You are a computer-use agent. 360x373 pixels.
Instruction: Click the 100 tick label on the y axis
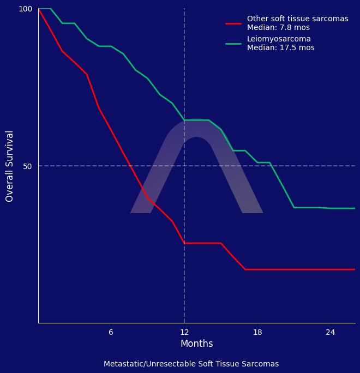tap(26, 9)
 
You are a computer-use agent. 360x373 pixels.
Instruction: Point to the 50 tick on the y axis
tap(27, 166)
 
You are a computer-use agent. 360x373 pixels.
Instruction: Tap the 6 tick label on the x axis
tap(111, 332)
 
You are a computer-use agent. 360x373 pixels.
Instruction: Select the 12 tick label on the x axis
tap(184, 332)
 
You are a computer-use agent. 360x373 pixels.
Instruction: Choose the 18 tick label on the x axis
tap(257, 332)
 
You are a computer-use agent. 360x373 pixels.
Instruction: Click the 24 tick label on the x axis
tap(331, 332)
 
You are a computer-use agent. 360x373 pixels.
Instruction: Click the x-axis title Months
tap(196, 344)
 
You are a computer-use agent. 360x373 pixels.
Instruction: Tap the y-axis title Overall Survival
tap(10, 166)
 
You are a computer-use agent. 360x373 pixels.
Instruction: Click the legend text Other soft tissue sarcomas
tap(297, 19)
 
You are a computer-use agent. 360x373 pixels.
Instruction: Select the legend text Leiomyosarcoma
tap(279, 39)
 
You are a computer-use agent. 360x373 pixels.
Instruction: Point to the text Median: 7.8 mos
tap(278, 27)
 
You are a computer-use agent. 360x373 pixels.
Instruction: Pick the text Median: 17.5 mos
tap(280, 48)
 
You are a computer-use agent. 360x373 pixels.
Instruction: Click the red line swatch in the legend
tap(233, 23)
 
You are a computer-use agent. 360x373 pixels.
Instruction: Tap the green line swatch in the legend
tap(233, 44)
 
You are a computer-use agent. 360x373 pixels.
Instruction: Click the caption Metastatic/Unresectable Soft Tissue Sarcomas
tap(191, 364)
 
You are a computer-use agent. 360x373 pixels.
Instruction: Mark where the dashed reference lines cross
tap(184, 166)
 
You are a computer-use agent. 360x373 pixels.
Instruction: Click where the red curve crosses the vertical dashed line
tap(184, 243)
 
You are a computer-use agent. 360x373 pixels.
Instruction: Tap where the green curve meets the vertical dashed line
tap(184, 120)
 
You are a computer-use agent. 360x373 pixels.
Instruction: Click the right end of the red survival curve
tap(355, 269)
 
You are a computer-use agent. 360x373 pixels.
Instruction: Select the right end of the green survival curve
tap(355, 208)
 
